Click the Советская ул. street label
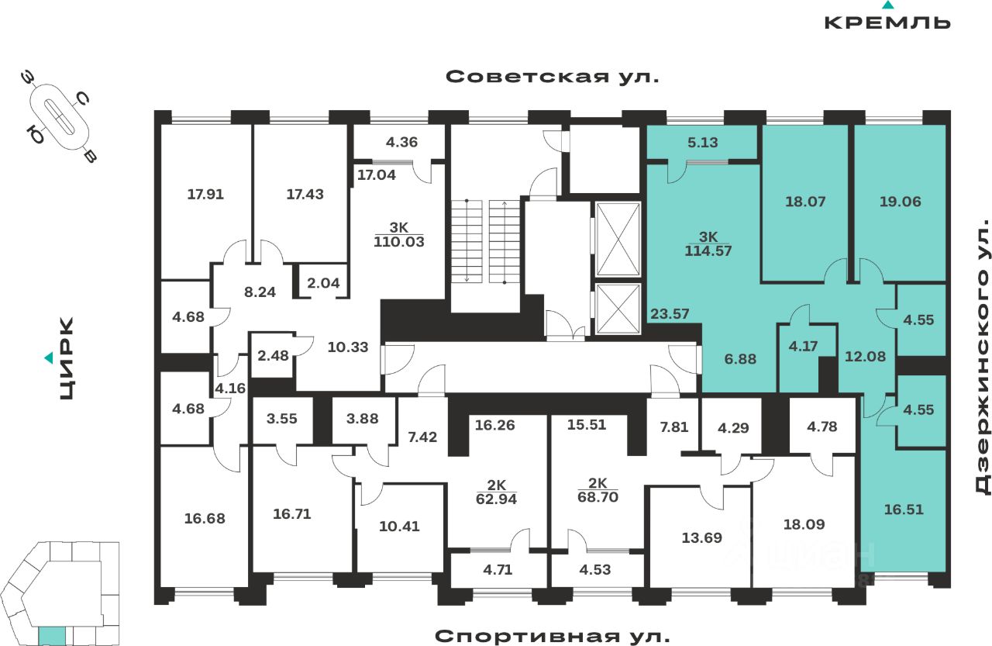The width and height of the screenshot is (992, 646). click(x=553, y=77)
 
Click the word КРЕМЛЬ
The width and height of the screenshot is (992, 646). click(x=887, y=22)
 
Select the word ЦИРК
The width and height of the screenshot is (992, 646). click(x=67, y=358)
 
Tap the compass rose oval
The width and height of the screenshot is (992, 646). click(x=60, y=117)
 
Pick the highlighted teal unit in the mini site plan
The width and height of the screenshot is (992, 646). click(x=52, y=636)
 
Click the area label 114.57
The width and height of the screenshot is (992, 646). click(x=708, y=251)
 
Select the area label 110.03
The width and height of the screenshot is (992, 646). click(x=399, y=242)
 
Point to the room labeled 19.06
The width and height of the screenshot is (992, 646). click(x=900, y=202)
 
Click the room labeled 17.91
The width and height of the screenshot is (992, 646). click(x=205, y=195)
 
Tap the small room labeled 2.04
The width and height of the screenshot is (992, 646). click(x=323, y=283)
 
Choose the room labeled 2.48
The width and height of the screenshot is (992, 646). click(x=273, y=356)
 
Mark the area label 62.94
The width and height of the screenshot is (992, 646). click(x=496, y=499)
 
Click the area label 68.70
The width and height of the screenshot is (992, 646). click(x=598, y=497)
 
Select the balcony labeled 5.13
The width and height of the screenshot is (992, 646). click(x=702, y=143)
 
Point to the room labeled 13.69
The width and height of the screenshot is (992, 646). click(x=701, y=538)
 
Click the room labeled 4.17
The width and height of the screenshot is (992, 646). click(x=804, y=347)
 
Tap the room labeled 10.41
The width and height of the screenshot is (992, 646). click(x=399, y=527)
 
